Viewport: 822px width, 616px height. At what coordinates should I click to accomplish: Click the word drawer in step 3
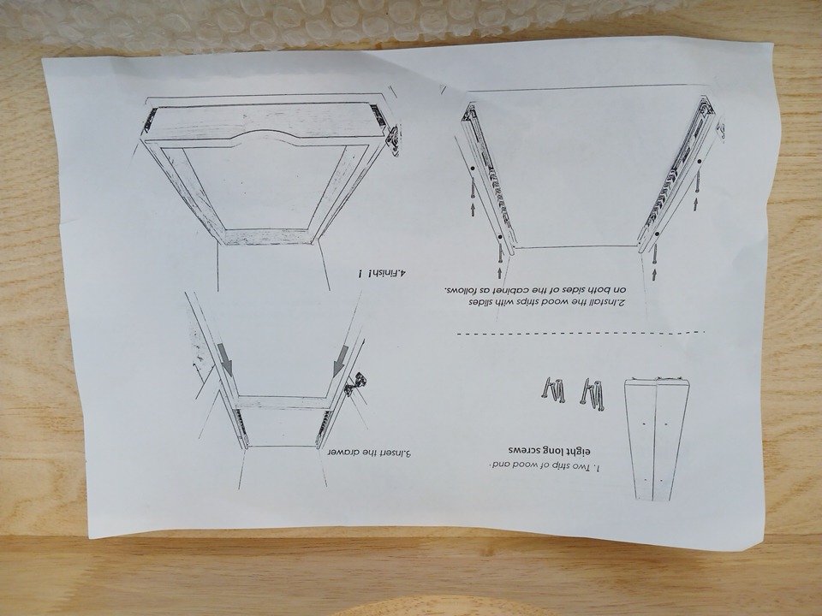pos(342,453)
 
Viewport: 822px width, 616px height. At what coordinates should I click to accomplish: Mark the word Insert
pos(388,453)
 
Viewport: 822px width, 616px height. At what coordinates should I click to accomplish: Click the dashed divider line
pos(581,333)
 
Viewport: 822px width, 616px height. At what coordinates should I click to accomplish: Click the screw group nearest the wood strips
pos(593,392)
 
